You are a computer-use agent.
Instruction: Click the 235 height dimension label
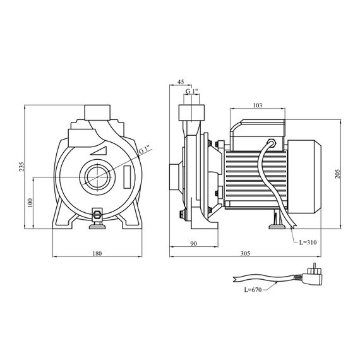21,167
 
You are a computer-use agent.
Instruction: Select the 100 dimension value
30,203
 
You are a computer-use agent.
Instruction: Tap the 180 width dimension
97,253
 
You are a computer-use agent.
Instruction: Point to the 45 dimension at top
181,81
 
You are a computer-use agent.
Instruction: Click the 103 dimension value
258,105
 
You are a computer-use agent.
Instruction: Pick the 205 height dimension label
337,174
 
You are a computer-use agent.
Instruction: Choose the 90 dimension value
194,243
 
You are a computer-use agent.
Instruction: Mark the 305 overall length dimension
245,253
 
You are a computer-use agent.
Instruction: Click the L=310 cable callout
308,243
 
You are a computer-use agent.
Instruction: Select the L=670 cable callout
253,290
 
